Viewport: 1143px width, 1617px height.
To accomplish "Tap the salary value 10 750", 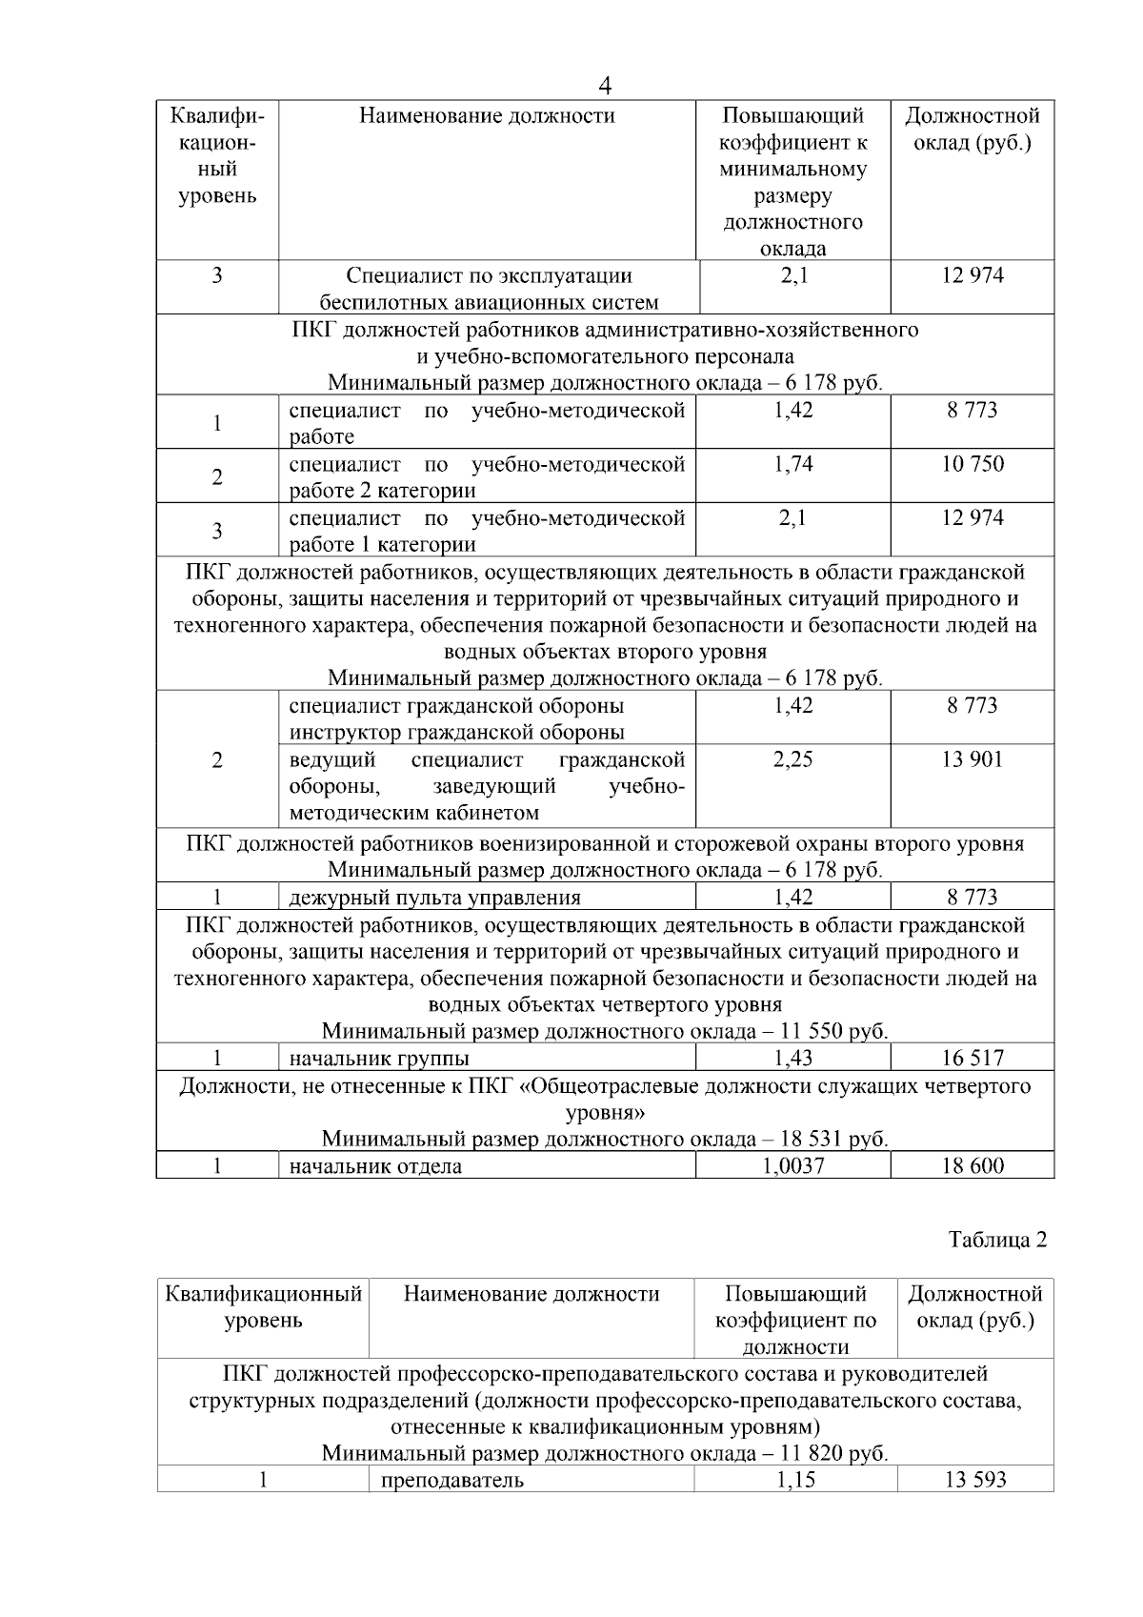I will point(973,465).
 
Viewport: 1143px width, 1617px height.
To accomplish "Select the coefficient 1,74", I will point(793,465).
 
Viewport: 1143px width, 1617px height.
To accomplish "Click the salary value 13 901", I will point(973,760).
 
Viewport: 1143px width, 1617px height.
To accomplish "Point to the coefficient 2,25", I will point(793,760).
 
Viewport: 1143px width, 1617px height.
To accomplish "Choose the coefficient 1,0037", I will point(793,1166).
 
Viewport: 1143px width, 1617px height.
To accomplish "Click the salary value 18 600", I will point(973,1166).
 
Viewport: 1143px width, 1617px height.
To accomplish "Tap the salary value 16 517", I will point(973,1059).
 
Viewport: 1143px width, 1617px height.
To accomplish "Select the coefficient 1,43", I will point(793,1059).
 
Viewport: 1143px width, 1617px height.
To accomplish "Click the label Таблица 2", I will point(997,1241).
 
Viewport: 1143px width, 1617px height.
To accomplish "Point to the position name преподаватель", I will point(451,1481).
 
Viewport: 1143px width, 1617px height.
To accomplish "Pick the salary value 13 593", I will point(975,1481).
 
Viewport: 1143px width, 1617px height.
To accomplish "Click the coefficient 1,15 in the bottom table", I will point(795,1481).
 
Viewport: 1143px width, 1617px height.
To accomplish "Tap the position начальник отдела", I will point(375,1166).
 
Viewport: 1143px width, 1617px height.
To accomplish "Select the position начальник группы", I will point(379,1059).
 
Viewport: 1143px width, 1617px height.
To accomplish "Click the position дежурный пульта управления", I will point(434,898).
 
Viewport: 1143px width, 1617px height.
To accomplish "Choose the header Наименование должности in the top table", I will point(487,116).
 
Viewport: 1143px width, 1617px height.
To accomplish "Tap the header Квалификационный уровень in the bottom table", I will point(263,1307).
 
